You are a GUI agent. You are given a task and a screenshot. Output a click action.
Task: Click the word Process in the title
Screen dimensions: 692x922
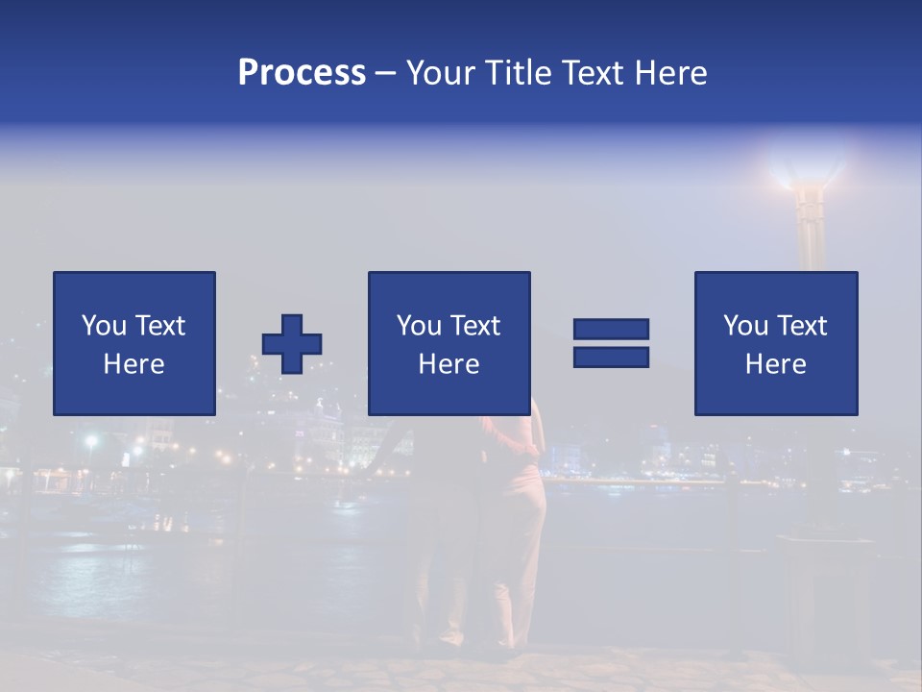[x=302, y=73]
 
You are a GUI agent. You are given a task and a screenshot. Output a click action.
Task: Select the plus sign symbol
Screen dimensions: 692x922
[x=292, y=344]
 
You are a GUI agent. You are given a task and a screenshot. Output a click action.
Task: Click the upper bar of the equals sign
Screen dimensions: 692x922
[x=611, y=329]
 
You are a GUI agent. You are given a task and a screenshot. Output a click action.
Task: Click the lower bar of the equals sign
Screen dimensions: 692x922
[x=611, y=357]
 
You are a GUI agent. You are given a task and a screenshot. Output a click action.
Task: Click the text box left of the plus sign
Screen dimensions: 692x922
[x=134, y=343]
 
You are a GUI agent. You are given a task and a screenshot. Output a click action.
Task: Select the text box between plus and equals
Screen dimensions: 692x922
[x=449, y=343]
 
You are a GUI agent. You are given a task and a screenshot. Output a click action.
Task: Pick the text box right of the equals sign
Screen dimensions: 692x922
[x=775, y=343]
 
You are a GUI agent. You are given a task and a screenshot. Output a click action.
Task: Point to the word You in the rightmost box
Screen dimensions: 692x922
[x=745, y=326]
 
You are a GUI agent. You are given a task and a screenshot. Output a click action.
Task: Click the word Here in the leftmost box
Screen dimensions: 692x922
[x=134, y=364]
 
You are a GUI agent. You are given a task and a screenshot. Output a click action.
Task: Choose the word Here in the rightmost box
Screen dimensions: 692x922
[x=775, y=364]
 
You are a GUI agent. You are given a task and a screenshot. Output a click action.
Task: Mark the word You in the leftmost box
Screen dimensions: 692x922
[x=104, y=326]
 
